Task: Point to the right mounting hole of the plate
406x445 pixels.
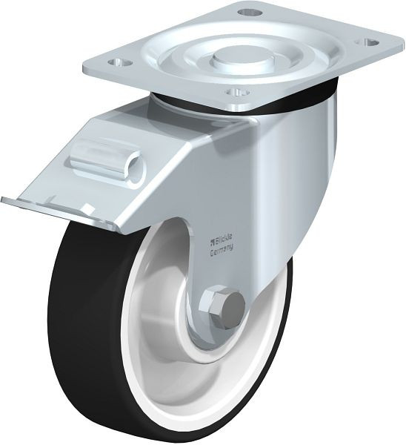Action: click(367, 42)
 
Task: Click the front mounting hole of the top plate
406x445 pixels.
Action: click(238, 93)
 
